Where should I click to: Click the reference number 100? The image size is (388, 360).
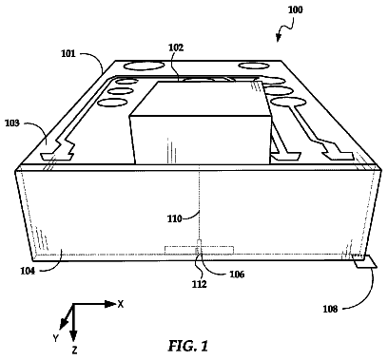click(x=295, y=9)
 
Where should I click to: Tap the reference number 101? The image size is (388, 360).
click(x=68, y=53)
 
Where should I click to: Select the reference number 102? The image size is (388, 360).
click(x=176, y=47)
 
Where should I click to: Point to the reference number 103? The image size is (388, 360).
click(x=12, y=123)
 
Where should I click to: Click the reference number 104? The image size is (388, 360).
click(x=28, y=271)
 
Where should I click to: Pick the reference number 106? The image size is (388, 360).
click(x=237, y=275)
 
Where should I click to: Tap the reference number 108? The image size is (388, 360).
click(x=330, y=309)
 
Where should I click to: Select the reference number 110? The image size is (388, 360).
click(x=175, y=218)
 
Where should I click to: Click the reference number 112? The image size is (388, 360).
click(x=199, y=284)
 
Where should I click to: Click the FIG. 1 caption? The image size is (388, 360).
click(x=188, y=346)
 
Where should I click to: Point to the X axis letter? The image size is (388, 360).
click(x=121, y=305)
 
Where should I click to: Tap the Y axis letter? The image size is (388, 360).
click(x=56, y=338)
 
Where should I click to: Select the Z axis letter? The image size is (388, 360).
click(x=74, y=351)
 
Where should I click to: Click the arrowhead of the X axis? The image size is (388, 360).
click(x=110, y=304)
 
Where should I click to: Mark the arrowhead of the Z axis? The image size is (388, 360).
click(x=73, y=335)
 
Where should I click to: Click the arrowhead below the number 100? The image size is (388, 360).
click(x=278, y=38)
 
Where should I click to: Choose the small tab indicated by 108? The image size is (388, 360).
click(x=365, y=262)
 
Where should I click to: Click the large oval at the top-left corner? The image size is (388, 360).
click(x=144, y=66)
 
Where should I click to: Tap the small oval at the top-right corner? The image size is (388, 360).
click(x=254, y=66)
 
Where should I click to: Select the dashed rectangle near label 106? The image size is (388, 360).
click(x=199, y=250)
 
